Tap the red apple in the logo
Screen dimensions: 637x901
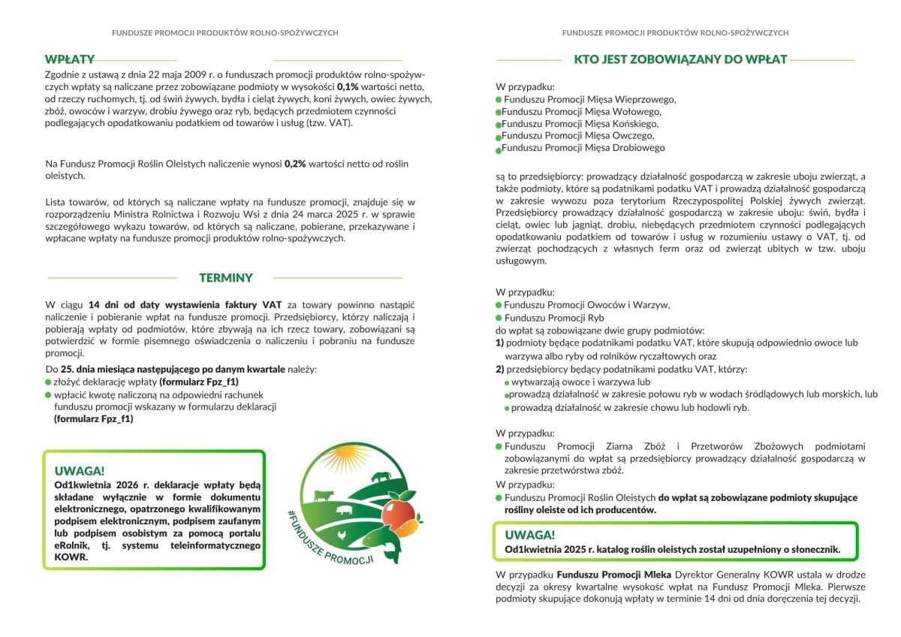397,512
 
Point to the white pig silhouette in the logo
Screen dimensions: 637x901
344,510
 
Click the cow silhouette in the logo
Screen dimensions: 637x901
324,495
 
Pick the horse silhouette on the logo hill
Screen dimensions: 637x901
381,475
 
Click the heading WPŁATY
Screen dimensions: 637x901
69,59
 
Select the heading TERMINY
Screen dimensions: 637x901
226,278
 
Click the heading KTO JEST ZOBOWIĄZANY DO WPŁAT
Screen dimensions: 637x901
680,59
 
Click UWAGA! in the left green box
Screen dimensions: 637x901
80,471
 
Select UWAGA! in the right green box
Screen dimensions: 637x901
530,535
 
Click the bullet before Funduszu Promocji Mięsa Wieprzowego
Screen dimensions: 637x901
499,99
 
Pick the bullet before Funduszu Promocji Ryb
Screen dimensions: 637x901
499,318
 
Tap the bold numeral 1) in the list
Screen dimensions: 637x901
499,343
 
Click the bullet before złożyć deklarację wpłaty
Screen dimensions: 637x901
49,382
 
